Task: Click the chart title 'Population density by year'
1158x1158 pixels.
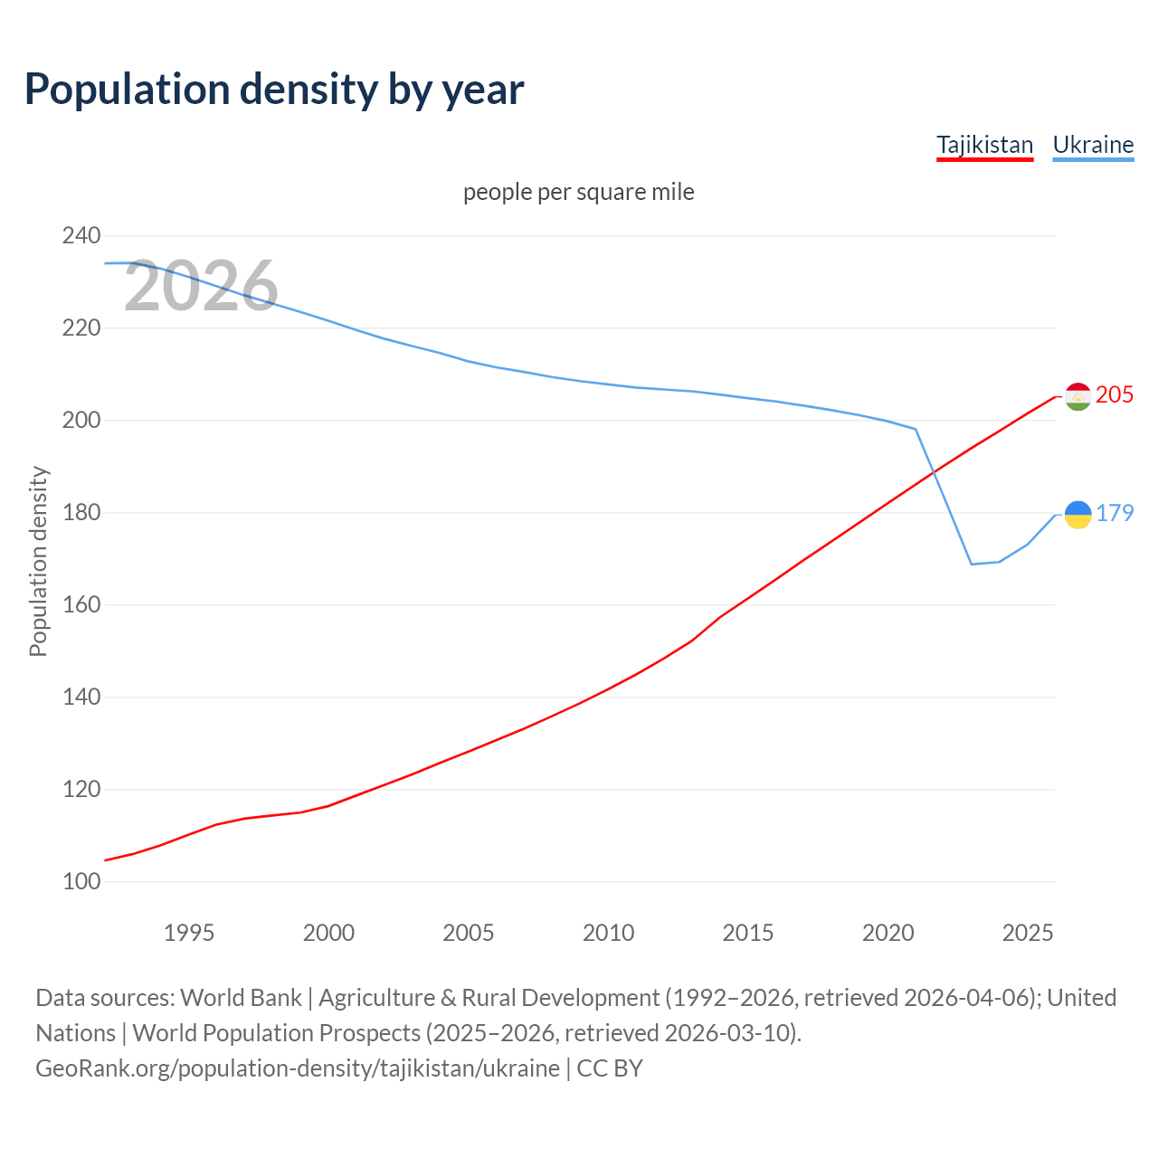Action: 274,89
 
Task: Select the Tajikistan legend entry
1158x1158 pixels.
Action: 984,145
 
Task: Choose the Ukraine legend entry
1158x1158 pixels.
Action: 1093,145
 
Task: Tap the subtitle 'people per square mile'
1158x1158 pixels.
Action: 578,192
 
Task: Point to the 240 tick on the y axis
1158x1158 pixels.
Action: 81,235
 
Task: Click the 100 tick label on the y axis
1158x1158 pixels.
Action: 81,881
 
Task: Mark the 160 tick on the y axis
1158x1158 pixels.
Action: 81,604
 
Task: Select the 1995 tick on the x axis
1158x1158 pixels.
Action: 188,933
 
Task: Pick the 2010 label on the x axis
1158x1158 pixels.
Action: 608,933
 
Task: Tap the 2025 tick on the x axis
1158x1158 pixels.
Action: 1028,933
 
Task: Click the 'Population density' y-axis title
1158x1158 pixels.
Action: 38,561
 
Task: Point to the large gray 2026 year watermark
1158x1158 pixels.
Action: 201,286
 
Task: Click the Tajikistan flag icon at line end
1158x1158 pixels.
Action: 1077,396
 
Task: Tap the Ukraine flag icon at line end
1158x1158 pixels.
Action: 1077,515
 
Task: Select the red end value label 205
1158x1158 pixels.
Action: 1115,394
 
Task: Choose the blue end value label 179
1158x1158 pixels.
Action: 1115,513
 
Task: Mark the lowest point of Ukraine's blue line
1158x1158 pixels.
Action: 972,565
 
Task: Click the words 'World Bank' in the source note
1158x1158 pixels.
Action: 241,997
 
